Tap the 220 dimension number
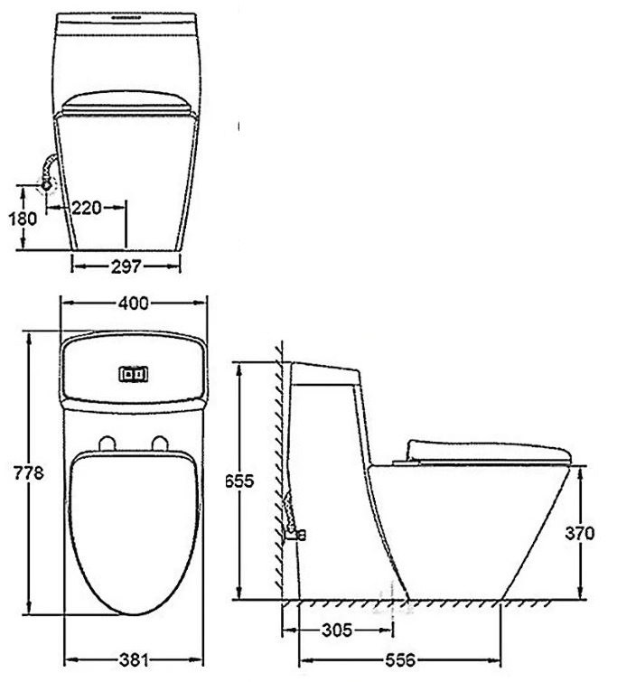pyautogui.click(x=86, y=208)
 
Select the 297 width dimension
pyautogui.click(x=126, y=266)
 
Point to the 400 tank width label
pyautogui.click(x=133, y=304)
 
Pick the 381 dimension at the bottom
pyautogui.click(x=133, y=659)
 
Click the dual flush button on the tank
pyautogui.click(x=133, y=371)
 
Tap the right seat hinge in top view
pyautogui.click(x=161, y=443)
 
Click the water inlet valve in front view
pyautogui.click(x=45, y=184)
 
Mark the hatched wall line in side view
pyautogui.click(x=282, y=470)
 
